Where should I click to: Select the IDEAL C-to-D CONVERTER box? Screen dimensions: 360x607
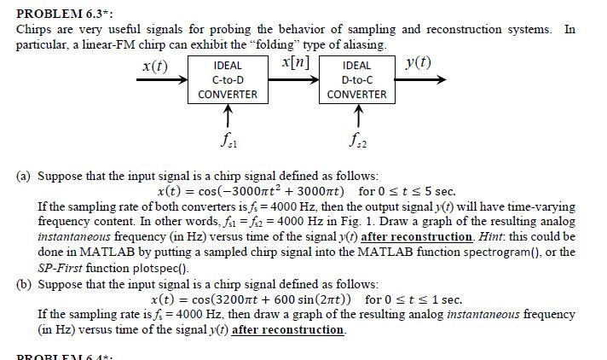[x=227, y=79]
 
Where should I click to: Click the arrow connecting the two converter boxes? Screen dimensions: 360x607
[x=293, y=80]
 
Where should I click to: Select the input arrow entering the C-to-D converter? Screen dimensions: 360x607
[x=161, y=80]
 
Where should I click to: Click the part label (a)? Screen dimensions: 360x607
[x=26, y=176]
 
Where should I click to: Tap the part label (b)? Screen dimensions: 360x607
[x=26, y=283]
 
